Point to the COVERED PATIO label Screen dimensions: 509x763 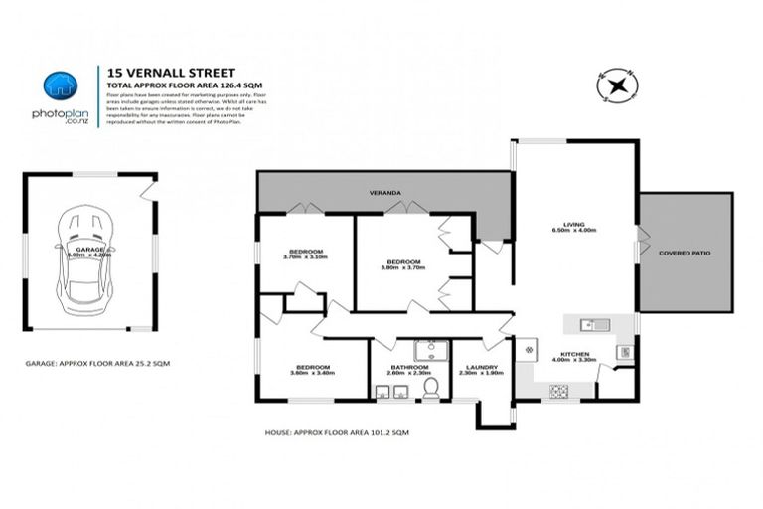685,254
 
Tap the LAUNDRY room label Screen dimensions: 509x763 481,366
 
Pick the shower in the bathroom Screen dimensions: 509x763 430,351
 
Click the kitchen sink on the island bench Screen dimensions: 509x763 588,323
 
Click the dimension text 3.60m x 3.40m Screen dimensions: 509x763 311,374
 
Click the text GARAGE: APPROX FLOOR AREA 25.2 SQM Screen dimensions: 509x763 97,365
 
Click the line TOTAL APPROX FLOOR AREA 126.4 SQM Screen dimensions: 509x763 178,86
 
